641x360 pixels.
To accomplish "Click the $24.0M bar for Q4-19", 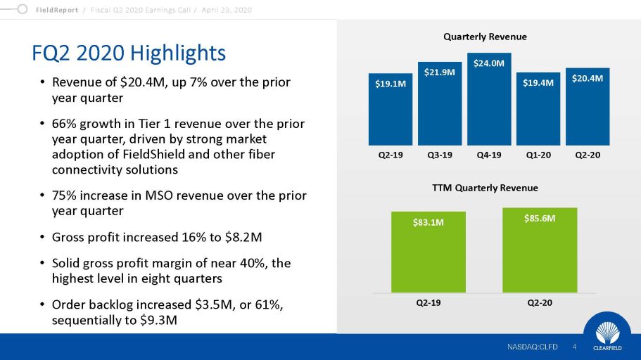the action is tap(489, 99).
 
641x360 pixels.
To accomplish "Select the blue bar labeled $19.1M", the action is tap(391, 109).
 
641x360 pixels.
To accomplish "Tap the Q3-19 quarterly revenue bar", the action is tap(440, 103).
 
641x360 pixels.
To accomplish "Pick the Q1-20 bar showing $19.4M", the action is tap(538, 109).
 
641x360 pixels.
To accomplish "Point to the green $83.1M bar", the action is tap(429, 252).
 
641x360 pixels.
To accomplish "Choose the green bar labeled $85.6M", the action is tap(540, 250).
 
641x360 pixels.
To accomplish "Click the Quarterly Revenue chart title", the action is tap(485, 37).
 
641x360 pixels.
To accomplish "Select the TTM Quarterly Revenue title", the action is tap(485, 188).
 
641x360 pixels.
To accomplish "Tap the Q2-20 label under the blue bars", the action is tap(588, 155).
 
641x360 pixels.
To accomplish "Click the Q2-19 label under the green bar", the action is tap(429, 303).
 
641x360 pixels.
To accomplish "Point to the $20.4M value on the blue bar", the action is tap(588, 79).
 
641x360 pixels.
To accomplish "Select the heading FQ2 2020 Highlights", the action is tap(129, 53).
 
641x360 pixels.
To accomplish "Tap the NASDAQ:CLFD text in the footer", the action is tap(532, 347).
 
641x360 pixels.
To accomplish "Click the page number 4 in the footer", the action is tap(574, 347).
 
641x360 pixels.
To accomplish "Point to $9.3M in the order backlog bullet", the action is tap(158, 320).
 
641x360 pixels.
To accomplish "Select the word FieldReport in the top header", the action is tap(57, 10).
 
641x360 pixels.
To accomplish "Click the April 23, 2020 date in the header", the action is tap(227, 10).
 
